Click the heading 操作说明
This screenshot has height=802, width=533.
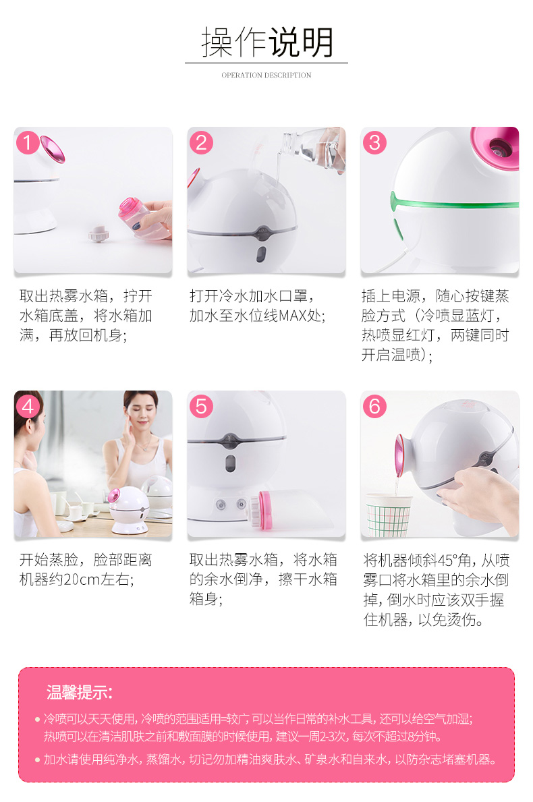tap(266, 42)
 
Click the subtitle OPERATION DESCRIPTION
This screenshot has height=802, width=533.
tap(266, 75)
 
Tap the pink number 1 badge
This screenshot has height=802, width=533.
tap(28, 143)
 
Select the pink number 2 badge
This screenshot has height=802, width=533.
tap(201, 143)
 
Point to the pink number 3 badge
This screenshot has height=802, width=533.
tap(374, 143)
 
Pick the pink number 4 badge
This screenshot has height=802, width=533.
tap(28, 407)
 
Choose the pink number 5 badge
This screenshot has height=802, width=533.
tap(201, 407)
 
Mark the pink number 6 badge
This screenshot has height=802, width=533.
tap(374, 407)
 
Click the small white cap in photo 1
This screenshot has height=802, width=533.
tap(98, 233)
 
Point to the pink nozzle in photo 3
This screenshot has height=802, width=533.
tap(495, 148)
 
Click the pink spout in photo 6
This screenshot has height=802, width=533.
tap(399, 456)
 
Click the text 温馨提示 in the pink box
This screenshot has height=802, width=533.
tap(80, 693)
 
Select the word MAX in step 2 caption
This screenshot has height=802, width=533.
tap(292, 315)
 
